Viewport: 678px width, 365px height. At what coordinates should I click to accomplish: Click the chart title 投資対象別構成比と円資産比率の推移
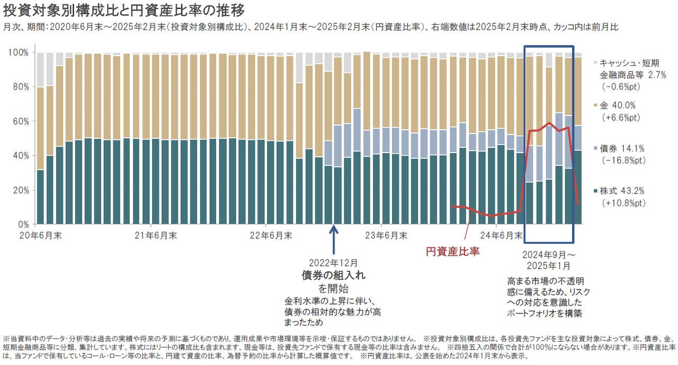tap(124, 10)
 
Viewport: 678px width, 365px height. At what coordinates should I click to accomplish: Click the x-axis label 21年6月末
tap(151, 235)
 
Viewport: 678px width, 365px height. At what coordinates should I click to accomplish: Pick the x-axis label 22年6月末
tap(271, 235)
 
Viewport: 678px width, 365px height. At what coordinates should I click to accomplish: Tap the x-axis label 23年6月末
tap(387, 235)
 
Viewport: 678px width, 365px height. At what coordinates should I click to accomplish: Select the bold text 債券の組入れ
tap(333, 275)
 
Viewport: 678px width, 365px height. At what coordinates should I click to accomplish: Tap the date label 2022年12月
tap(333, 263)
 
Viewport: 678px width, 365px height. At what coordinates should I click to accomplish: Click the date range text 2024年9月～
tap(549, 254)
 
